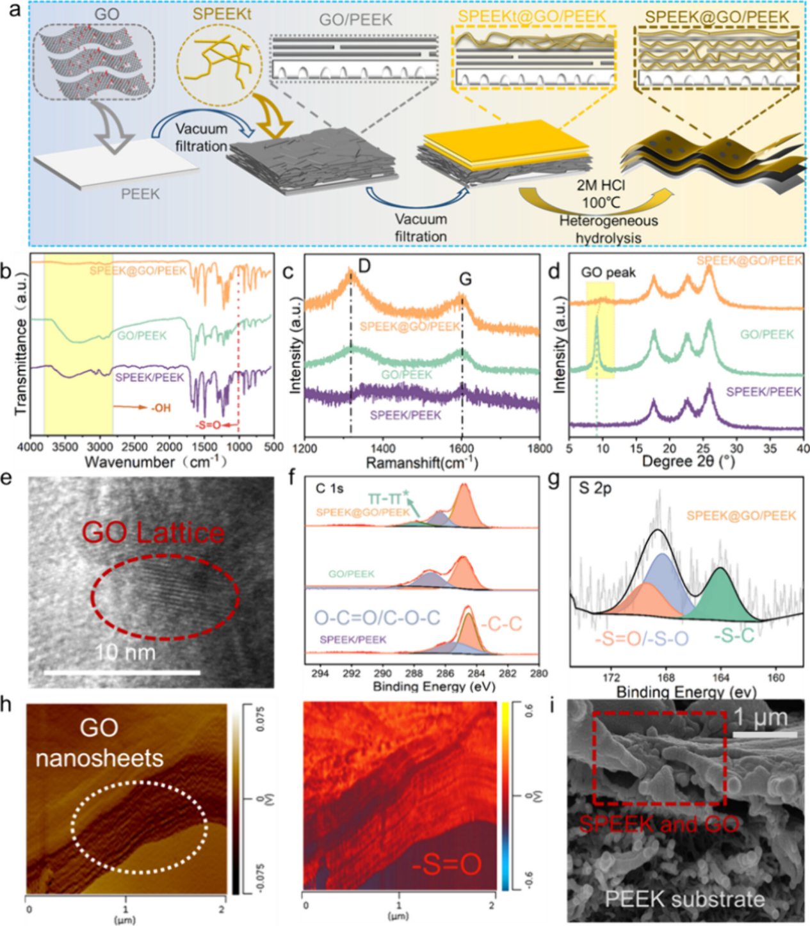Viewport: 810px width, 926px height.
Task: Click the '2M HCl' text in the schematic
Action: point(600,186)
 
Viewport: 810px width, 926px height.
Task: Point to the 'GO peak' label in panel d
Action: point(608,273)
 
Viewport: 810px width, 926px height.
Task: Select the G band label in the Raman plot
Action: point(466,279)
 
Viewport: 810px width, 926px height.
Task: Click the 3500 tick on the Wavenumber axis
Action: point(65,447)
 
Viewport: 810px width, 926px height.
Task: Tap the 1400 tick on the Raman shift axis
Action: point(383,449)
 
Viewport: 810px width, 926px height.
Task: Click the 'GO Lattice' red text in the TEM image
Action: point(153,532)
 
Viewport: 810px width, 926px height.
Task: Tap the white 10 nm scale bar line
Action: point(122,673)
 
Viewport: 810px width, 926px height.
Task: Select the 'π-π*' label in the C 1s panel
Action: point(388,498)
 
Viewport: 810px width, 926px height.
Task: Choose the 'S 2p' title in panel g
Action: point(595,488)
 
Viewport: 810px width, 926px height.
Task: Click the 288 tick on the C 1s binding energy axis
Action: point(414,673)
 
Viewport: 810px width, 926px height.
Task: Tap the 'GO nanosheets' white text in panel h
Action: point(99,743)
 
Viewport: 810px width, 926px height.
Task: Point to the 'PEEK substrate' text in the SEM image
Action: point(684,899)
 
